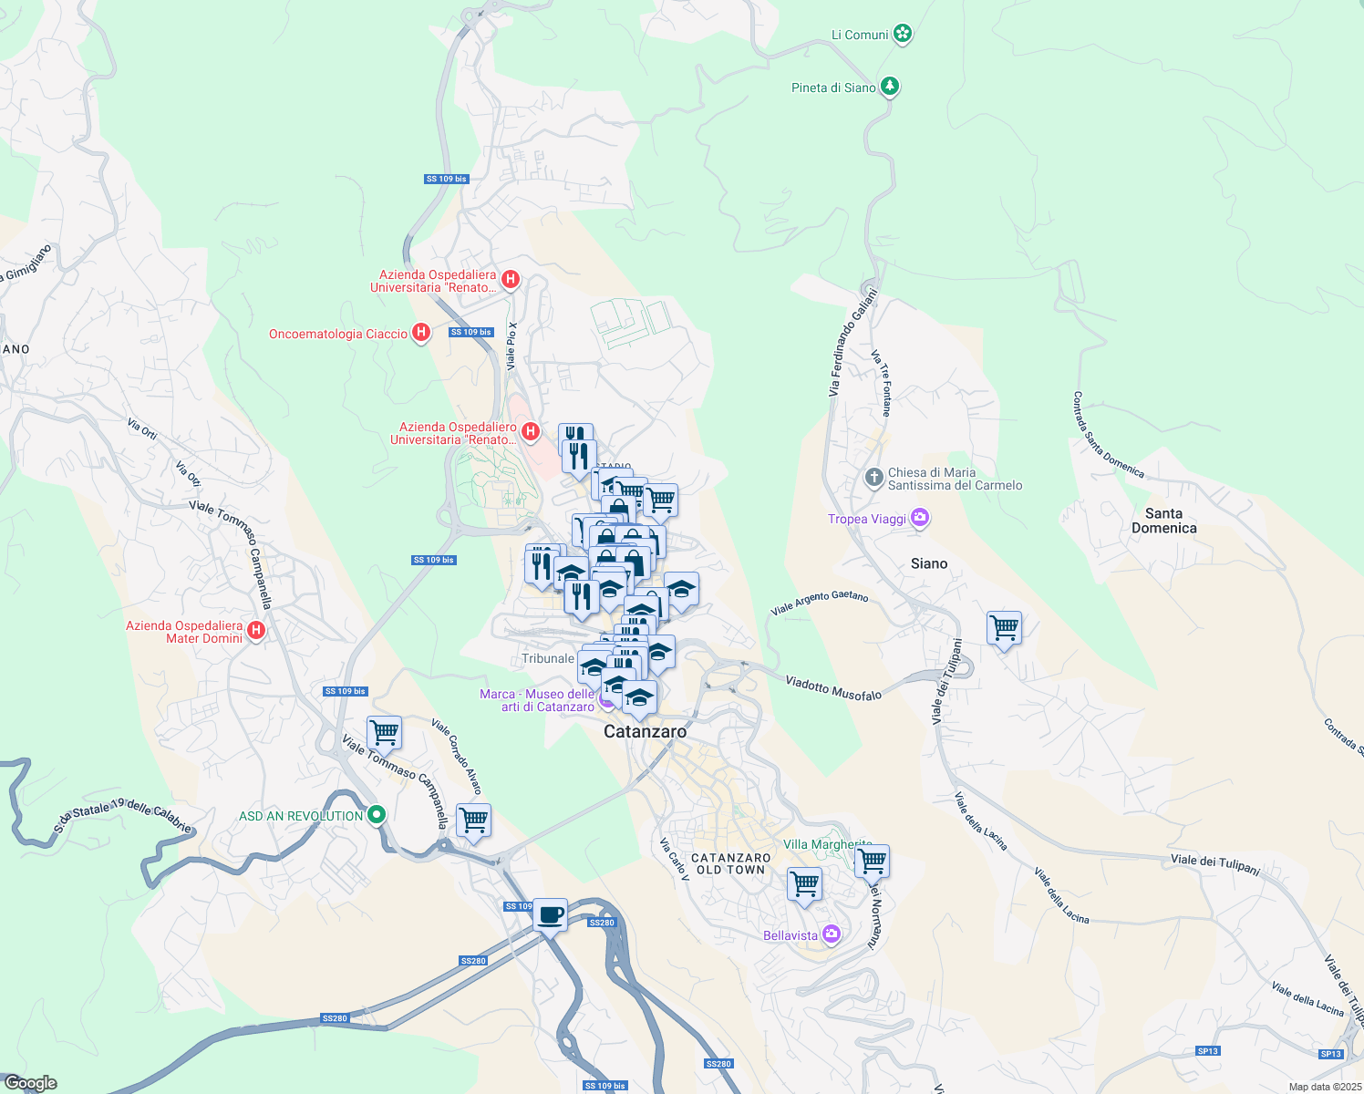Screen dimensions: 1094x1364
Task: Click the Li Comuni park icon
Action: pyautogui.click(x=903, y=35)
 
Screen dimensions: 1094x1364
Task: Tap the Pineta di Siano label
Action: pyautogui.click(x=833, y=88)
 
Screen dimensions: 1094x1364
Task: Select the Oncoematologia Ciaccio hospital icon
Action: pyautogui.click(x=420, y=333)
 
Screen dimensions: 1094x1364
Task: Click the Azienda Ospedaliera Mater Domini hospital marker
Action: pyautogui.click(x=256, y=630)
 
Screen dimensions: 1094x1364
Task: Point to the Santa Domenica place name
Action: pyautogui.click(x=1163, y=521)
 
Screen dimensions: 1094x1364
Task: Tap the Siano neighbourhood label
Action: pyautogui.click(x=929, y=563)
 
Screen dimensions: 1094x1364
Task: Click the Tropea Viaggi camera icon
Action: pyautogui.click(x=919, y=519)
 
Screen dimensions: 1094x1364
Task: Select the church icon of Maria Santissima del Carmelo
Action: pyautogui.click(x=873, y=478)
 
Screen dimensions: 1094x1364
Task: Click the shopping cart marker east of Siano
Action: pyautogui.click(x=1004, y=628)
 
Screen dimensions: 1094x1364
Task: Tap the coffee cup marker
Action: pyautogui.click(x=550, y=914)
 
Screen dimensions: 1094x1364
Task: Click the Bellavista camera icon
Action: pyautogui.click(x=831, y=934)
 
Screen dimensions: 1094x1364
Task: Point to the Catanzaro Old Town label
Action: pyautogui.click(x=731, y=863)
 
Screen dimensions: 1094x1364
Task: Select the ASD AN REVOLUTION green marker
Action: pyautogui.click(x=376, y=815)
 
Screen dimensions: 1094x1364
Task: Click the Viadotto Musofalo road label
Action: pyautogui.click(x=833, y=687)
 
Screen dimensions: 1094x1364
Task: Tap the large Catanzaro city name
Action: pyautogui.click(x=645, y=731)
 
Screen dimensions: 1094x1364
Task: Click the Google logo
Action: pyautogui.click(x=30, y=1082)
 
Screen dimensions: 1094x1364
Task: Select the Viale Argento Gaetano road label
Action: pyautogui.click(x=820, y=603)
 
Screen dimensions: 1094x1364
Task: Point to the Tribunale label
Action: pyautogui.click(x=548, y=658)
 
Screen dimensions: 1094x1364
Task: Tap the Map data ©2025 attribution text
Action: pyautogui.click(x=1324, y=1087)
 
